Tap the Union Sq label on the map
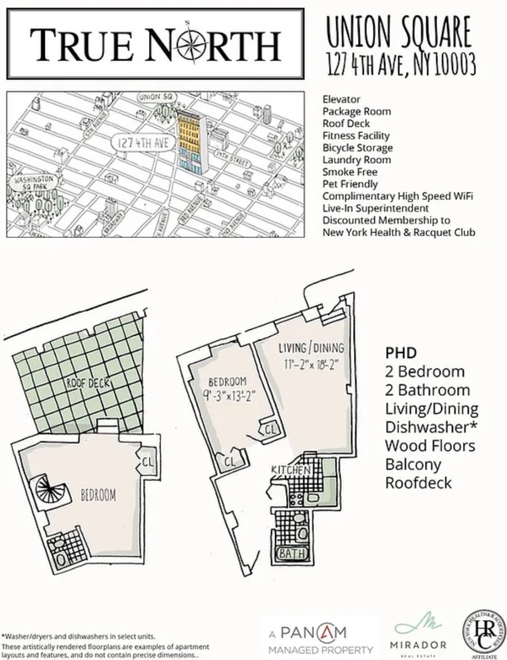[x=155, y=97]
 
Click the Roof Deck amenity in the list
[x=346, y=124]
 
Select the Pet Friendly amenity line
[x=350, y=184]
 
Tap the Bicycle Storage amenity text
[x=357, y=148]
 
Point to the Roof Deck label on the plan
[x=88, y=383]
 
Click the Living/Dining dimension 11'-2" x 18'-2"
[x=311, y=364]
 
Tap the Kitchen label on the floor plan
[x=291, y=470]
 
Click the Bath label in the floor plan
[x=292, y=554]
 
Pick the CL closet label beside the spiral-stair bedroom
[x=148, y=461]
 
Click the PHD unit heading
[x=401, y=352]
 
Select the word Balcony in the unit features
[x=413, y=464]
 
